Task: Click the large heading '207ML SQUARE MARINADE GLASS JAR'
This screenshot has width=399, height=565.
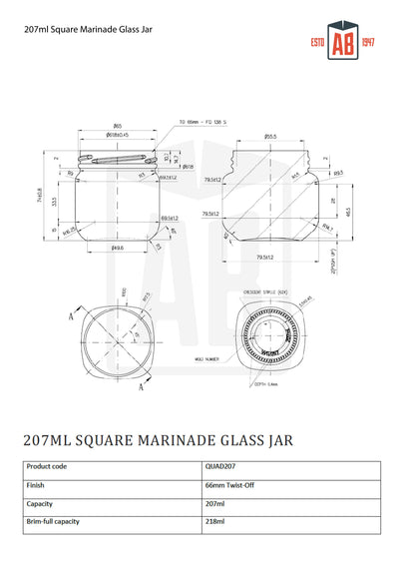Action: (x=159, y=440)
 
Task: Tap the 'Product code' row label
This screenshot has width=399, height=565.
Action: (x=47, y=466)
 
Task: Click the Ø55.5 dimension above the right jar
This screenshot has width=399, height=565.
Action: (x=270, y=135)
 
